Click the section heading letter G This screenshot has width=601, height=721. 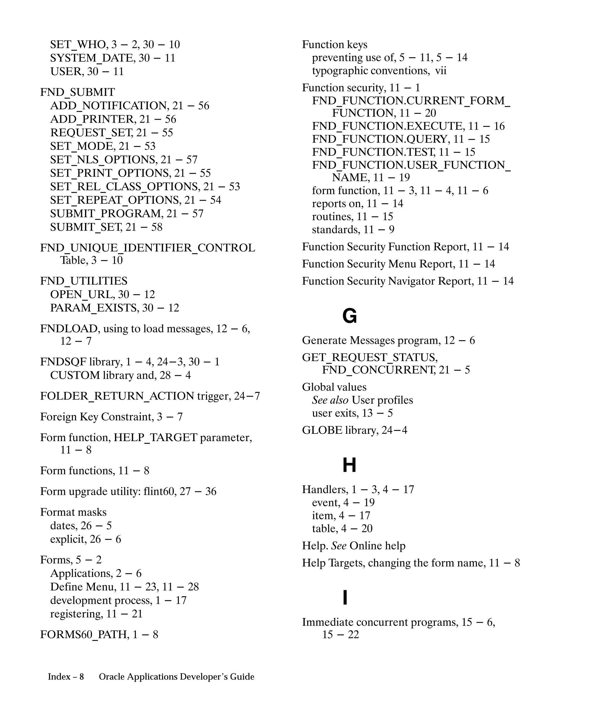click(x=349, y=316)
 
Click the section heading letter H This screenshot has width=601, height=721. click(x=349, y=465)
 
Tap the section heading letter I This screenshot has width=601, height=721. click(x=345, y=598)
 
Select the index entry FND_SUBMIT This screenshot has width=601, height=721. click(x=77, y=92)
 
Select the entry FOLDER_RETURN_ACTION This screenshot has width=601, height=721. click(x=117, y=396)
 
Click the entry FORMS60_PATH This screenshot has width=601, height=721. click(x=85, y=634)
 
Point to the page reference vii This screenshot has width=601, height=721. click(x=440, y=71)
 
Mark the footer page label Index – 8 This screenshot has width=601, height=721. click(x=66, y=677)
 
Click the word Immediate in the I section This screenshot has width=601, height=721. click(x=327, y=622)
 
